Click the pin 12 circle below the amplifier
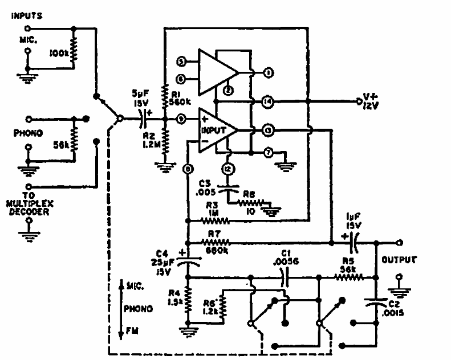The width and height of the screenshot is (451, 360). coord(227,169)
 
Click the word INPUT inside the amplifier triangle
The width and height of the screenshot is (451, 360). coord(214,129)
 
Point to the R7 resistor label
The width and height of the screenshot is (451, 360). coord(214,234)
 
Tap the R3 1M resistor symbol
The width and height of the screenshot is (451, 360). coord(217,220)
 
